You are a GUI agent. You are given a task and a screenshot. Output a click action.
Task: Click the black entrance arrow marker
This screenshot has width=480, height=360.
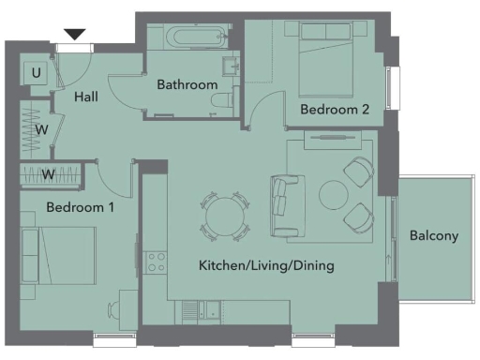(74, 35)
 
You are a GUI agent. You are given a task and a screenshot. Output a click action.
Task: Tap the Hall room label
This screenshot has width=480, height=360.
(86, 96)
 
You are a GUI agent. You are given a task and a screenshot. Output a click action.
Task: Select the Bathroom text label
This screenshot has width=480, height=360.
(187, 84)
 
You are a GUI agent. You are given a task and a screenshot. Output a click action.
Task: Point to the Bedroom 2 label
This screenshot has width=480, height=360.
(334, 110)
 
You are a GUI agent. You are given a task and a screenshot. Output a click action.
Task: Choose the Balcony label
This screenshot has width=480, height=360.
(434, 235)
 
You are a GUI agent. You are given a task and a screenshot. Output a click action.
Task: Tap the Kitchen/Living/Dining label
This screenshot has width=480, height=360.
(266, 266)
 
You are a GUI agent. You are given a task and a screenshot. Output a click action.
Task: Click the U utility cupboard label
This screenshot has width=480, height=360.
(36, 73)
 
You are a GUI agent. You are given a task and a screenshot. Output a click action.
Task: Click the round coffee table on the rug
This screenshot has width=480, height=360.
(335, 194)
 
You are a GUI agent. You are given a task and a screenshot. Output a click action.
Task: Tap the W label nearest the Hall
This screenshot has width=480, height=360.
(42, 129)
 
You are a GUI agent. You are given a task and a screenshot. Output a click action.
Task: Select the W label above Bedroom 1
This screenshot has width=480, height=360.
(47, 174)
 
